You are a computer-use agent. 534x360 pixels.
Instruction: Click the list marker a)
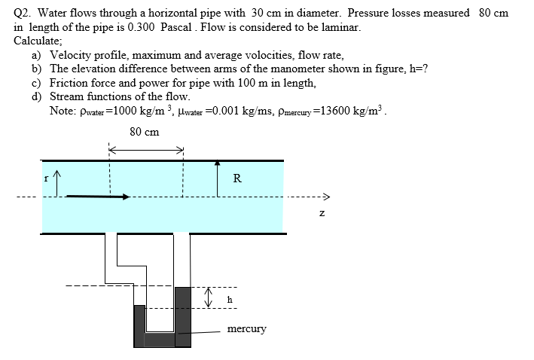click(36, 55)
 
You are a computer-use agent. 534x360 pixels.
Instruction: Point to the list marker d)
click(36, 96)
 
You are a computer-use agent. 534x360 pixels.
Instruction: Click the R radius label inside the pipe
click(237, 178)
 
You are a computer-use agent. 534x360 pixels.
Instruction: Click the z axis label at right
click(321, 213)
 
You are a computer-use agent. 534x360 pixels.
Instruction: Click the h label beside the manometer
click(230, 299)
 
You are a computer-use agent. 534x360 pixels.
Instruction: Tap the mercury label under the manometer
click(246, 328)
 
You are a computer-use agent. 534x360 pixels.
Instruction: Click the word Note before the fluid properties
click(62, 111)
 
